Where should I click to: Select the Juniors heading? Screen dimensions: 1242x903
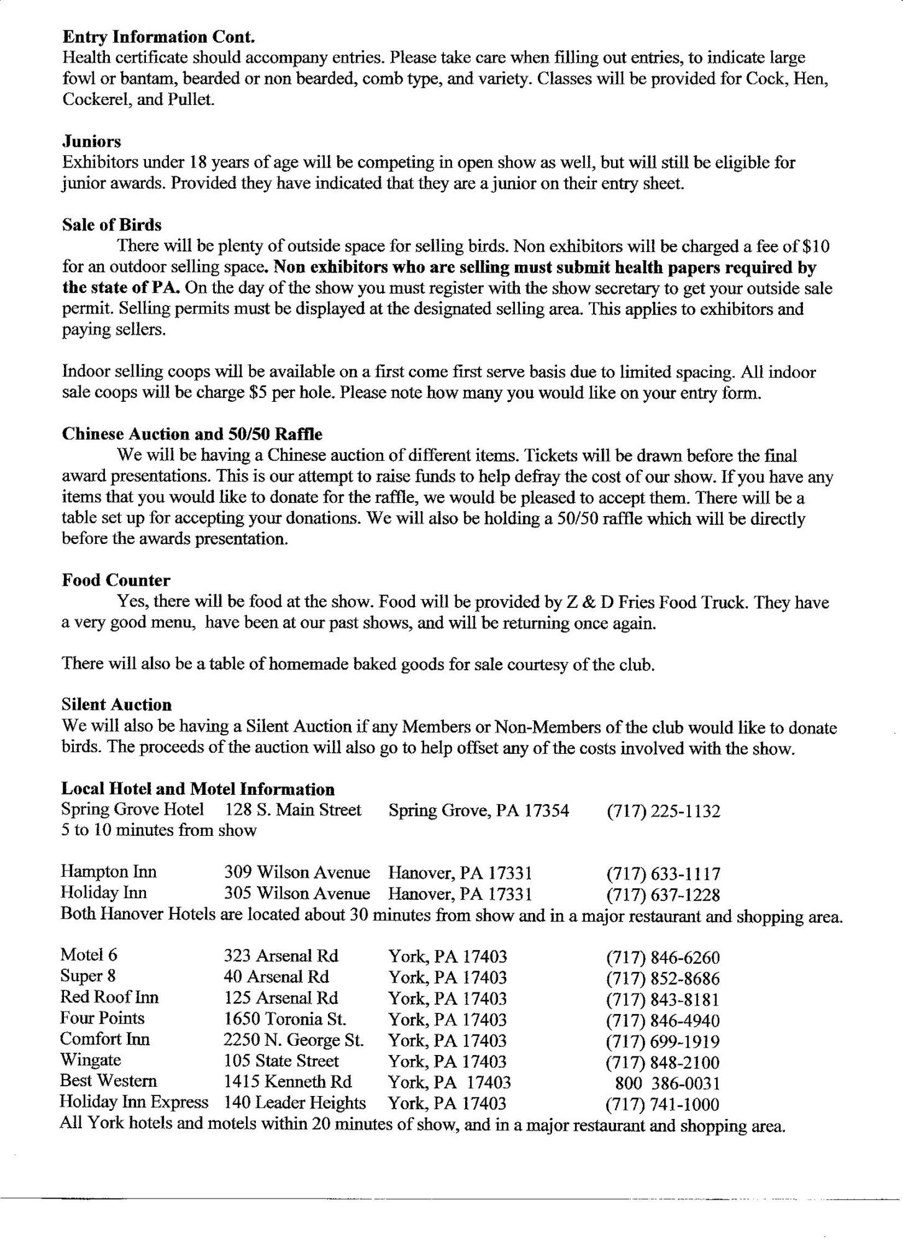91,142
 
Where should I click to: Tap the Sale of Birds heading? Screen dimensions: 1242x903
112,225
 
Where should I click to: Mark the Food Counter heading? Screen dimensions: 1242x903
116,580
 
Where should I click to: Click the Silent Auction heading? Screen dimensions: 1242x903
116,705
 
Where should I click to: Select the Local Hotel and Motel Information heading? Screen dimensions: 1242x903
197,789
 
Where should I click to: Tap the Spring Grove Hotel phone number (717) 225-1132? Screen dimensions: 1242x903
663,811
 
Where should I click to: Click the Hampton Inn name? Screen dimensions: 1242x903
108,873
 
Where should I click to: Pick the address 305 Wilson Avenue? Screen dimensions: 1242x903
296,894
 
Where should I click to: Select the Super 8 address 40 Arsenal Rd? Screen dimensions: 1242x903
276,977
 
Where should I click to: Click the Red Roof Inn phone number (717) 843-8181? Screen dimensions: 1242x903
663,999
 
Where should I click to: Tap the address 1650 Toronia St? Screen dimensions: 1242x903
284,1020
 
